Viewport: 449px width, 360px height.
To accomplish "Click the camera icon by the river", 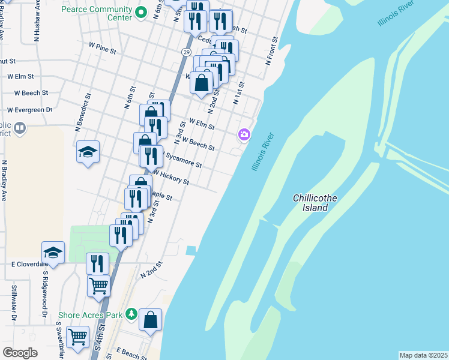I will [x=244, y=134].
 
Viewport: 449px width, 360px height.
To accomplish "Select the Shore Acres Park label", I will [x=90, y=315].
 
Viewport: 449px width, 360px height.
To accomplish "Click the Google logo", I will [x=20, y=353].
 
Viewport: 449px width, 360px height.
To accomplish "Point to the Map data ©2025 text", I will [x=423, y=355].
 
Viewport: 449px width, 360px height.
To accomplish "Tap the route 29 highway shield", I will [x=187, y=53].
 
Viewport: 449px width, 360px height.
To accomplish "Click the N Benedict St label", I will [x=83, y=112].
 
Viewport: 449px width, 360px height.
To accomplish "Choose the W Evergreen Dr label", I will [x=29, y=110].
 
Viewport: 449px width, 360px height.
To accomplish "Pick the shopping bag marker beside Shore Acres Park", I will [x=150, y=319].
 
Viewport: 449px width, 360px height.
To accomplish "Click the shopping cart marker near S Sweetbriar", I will [x=77, y=337].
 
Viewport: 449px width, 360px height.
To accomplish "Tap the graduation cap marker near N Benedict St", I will [x=88, y=151].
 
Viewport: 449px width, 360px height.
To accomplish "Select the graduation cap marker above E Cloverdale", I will [x=53, y=253].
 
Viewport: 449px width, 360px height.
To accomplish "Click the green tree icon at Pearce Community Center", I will [x=142, y=11].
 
